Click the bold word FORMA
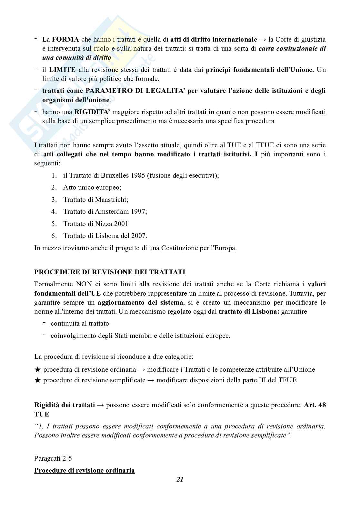click(x=65, y=40)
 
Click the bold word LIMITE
click(x=63, y=70)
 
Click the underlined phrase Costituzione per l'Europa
click(x=199, y=248)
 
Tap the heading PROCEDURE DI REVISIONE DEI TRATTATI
click(x=110, y=272)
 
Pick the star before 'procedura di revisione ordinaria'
click(x=37, y=370)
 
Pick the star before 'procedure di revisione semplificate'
click(x=37, y=380)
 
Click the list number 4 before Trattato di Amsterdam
click(x=54, y=211)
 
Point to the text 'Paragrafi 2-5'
click(x=53, y=458)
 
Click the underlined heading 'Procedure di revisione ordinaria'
click(x=84, y=470)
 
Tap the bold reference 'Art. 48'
click(x=315, y=405)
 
